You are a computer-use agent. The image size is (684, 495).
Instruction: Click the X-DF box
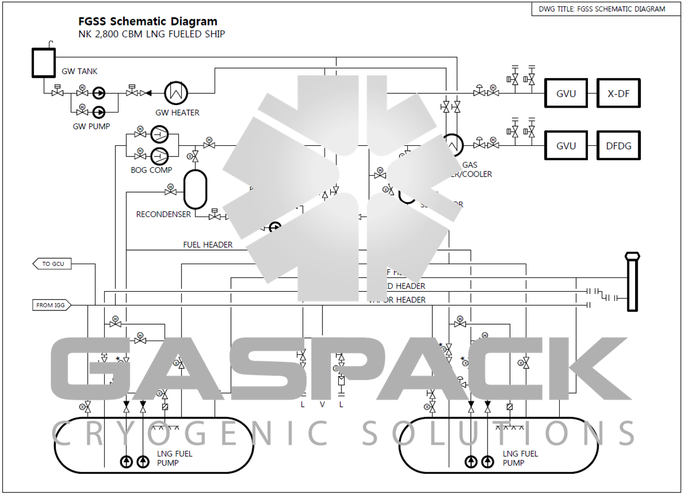click(x=619, y=93)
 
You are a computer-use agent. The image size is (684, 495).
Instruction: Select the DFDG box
click(x=619, y=145)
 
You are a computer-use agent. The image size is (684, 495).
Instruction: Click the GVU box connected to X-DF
click(x=566, y=93)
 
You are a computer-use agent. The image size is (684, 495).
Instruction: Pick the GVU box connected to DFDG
click(x=566, y=145)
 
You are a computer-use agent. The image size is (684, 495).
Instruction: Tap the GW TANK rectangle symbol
click(x=43, y=63)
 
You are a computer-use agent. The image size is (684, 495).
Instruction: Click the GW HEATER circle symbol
click(x=174, y=93)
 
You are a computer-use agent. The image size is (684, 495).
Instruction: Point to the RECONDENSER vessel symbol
click(x=194, y=189)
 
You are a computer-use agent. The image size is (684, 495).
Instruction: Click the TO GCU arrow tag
click(x=53, y=264)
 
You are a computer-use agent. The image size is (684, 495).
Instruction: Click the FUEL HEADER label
click(x=208, y=245)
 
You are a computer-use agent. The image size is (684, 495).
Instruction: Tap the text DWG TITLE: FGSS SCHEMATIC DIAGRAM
click(x=602, y=9)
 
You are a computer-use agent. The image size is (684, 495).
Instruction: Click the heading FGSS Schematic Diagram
click(x=147, y=22)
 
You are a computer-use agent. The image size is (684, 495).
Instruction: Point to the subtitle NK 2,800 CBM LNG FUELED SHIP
click(x=152, y=34)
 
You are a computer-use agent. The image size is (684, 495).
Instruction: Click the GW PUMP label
click(x=91, y=126)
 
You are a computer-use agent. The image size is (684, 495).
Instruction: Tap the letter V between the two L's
click(x=322, y=404)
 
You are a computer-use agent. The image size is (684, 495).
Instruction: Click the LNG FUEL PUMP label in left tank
click(x=175, y=458)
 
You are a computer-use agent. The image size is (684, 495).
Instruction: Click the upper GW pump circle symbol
click(x=99, y=93)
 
